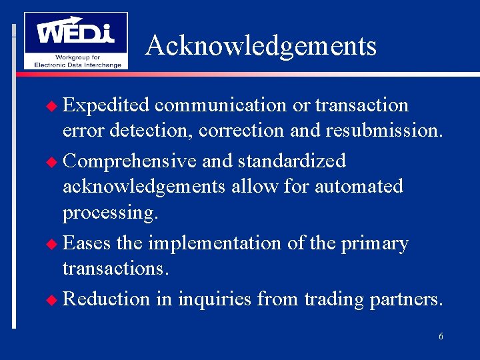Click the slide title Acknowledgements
(261, 46)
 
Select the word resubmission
(383, 130)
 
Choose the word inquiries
(213, 300)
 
